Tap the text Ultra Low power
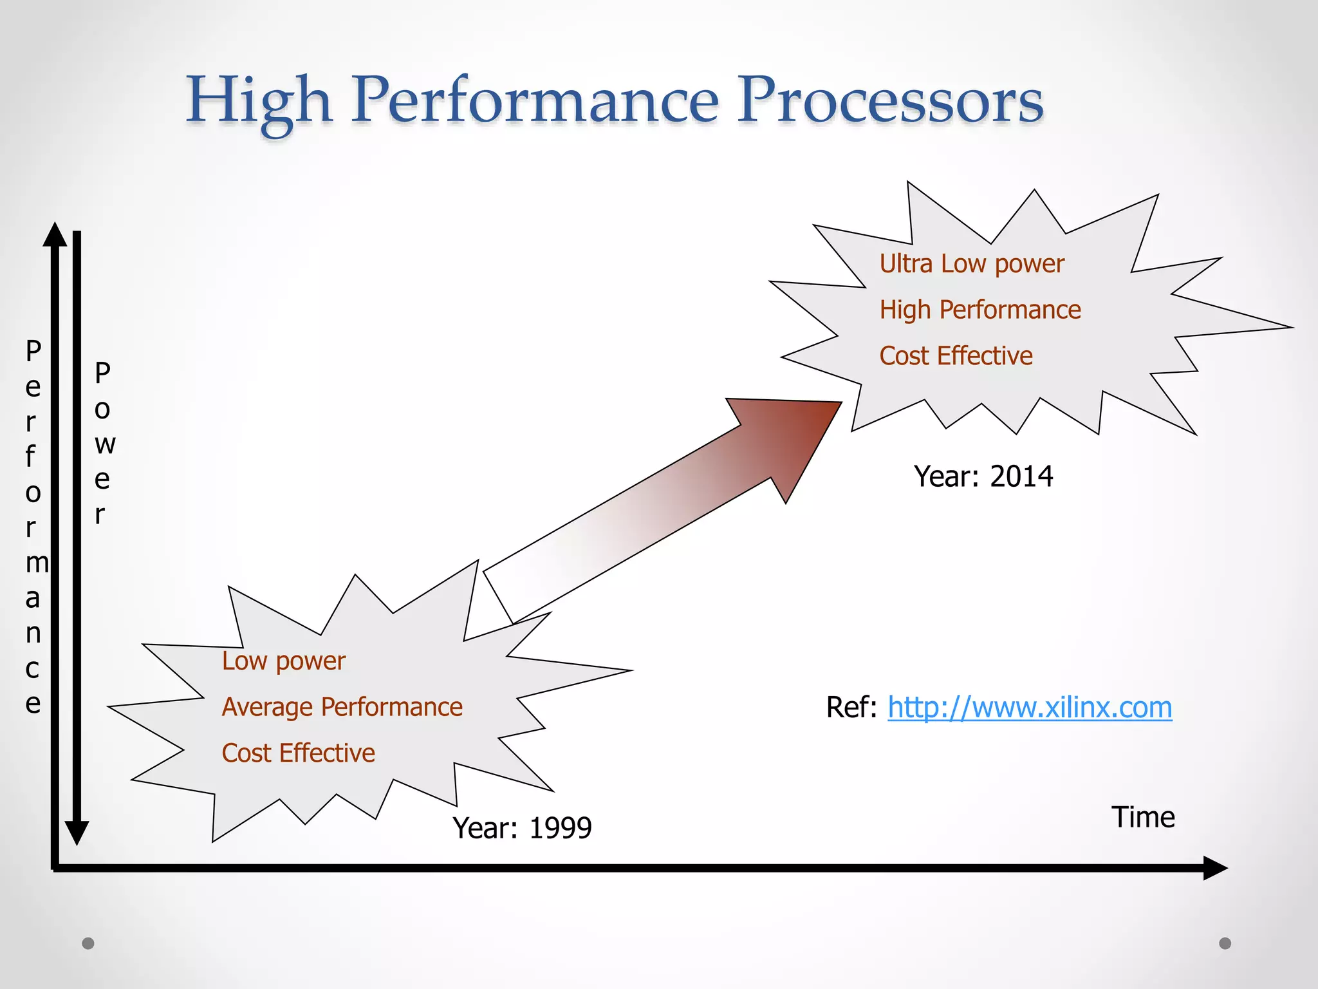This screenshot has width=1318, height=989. tap(971, 264)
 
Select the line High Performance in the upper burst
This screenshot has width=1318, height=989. tap(979, 310)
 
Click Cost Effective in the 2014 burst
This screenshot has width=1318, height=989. tap(956, 356)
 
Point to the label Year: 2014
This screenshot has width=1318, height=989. tap(983, 477)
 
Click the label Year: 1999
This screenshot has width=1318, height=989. tap(521, 828)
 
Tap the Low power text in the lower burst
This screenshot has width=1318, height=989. tap(283, 661)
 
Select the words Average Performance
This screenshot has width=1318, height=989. tap(342, 707)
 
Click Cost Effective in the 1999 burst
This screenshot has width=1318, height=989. tap(298, 753)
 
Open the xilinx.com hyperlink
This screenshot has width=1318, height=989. tap(1029, 708)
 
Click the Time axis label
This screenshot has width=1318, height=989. tap(1143, 818)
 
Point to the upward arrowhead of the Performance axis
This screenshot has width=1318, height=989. tap(55, 236)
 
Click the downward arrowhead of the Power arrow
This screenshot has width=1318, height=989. tap(77, 833)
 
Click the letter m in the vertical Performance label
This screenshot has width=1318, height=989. tap(37, 563)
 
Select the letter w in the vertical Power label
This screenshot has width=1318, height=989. tap(105, 444)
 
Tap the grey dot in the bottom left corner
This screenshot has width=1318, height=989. tap(88, 943)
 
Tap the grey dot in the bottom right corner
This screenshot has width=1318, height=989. tap(1225, 943)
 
